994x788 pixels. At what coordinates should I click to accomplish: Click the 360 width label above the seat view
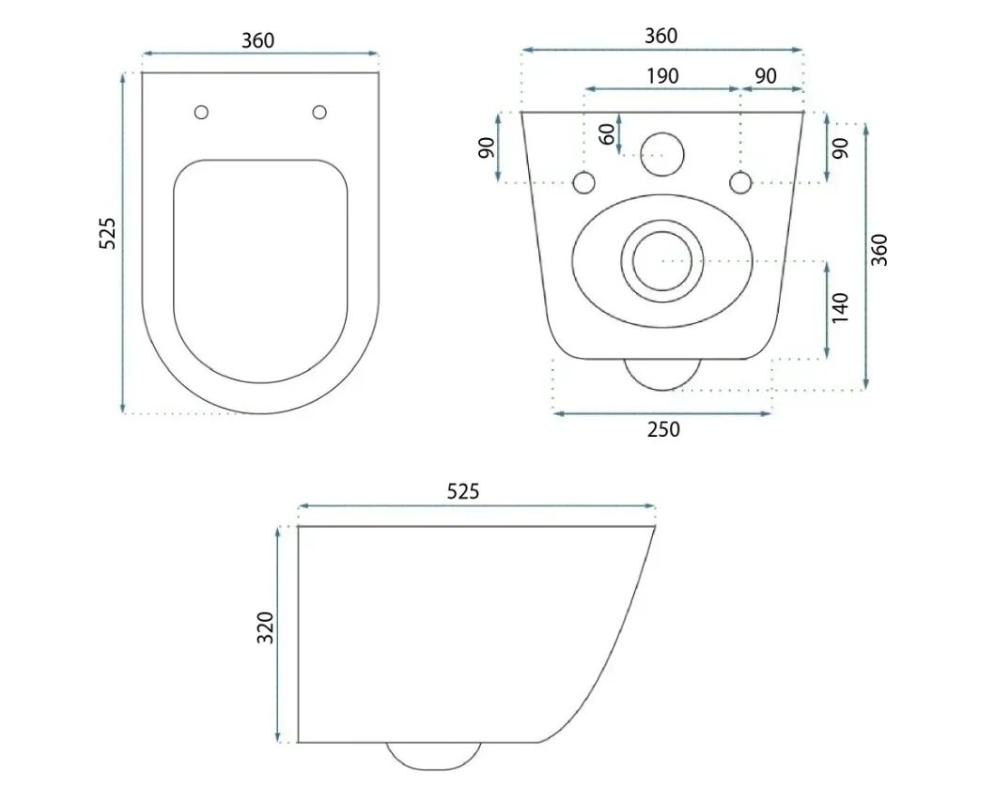(x=258, y=40)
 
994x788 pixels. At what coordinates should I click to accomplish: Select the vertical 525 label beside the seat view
(x=108, y=233)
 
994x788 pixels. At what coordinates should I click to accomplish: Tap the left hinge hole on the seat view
(x=202, y=112)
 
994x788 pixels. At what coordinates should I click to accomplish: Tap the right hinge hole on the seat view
(x=319, y=112)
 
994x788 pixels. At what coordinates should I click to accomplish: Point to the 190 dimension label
(x=662, y=76)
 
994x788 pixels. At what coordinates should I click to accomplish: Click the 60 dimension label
(x=607, y=133)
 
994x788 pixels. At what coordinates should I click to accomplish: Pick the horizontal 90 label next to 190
(x=766, y=76)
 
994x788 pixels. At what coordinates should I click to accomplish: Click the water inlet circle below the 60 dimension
(x=662, y=155)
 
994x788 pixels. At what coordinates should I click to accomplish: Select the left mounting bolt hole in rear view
(x=583, y=183)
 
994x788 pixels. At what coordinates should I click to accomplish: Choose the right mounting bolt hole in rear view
(x=740, y=183)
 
